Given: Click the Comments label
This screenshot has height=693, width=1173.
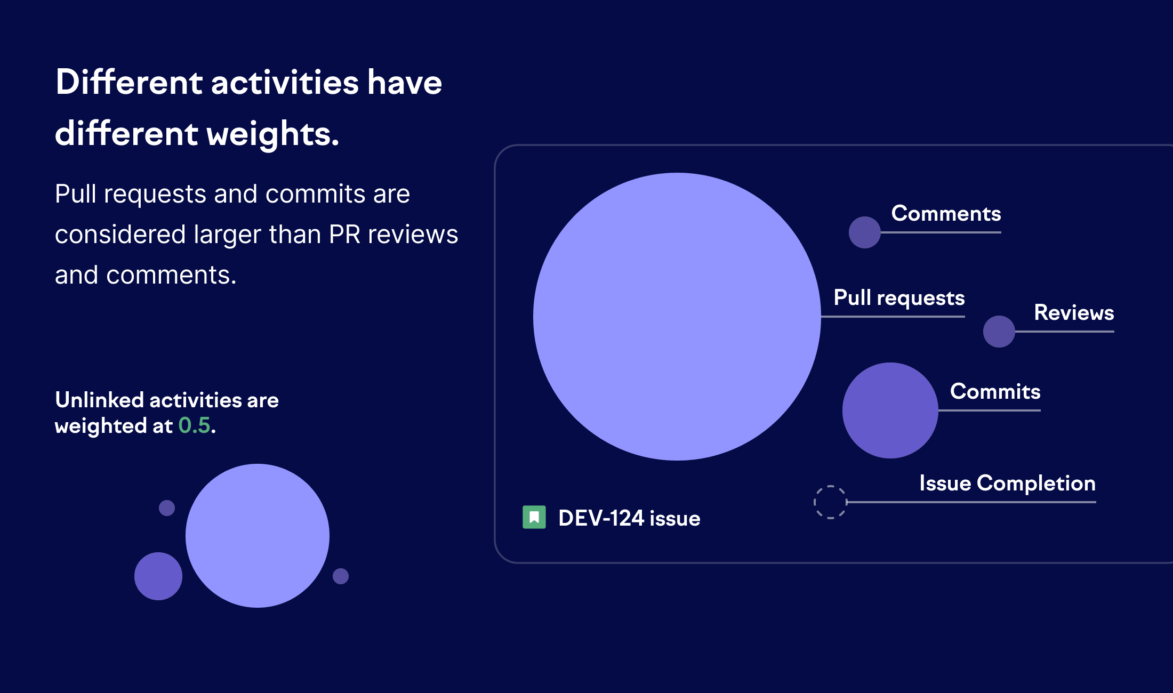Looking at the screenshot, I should click(x=946, y=214).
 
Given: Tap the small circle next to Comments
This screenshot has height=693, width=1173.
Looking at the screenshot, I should click(x=864, y=232).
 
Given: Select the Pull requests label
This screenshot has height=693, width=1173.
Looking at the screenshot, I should click(x=899, y=297).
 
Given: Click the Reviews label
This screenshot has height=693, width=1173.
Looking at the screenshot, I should click(x=1074, y=312).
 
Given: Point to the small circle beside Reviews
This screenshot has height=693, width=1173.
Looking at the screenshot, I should click(x=999, y=332).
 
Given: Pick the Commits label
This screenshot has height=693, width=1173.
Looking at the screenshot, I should click(x=995, y=391).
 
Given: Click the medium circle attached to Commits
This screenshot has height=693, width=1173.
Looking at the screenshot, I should click(x=890, y=410).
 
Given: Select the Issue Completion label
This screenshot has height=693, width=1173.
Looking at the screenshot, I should click(x=1007, y=483).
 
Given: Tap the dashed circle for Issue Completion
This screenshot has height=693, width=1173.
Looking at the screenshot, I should click(x=830, y=502).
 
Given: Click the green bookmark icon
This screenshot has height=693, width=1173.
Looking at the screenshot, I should click(x=534, y=517).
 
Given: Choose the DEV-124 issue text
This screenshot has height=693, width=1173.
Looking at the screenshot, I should click(x=629, y=518).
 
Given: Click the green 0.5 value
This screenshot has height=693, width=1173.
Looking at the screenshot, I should click(x=194, y=426).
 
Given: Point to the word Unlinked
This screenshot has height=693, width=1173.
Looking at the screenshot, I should click(x=100, y=400).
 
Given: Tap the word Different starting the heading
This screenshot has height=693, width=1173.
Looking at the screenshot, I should click(x=129, y=83).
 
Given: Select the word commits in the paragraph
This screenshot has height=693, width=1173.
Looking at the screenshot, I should click(x=316, y=194).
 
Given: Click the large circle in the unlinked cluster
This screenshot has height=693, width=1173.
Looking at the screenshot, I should click(x=258, y=536).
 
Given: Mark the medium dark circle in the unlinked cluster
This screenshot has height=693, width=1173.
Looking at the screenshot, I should click(x=158, y=576).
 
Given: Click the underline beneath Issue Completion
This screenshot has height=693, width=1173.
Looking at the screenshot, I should click(x=970, y=502).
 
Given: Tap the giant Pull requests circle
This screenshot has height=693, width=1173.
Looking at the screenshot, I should click(x=677, y=317).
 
